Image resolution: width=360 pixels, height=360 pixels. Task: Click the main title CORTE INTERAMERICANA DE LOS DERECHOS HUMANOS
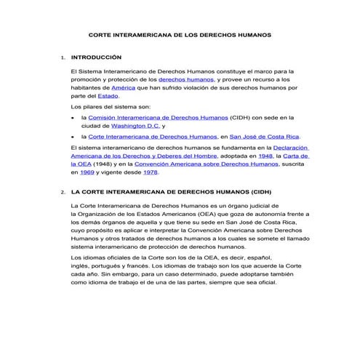179,34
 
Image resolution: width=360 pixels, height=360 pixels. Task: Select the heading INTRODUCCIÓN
95,56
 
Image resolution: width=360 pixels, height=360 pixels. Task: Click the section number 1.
63,57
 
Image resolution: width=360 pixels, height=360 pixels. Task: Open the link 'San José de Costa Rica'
263,136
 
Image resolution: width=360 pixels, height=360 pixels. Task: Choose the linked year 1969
88,172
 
